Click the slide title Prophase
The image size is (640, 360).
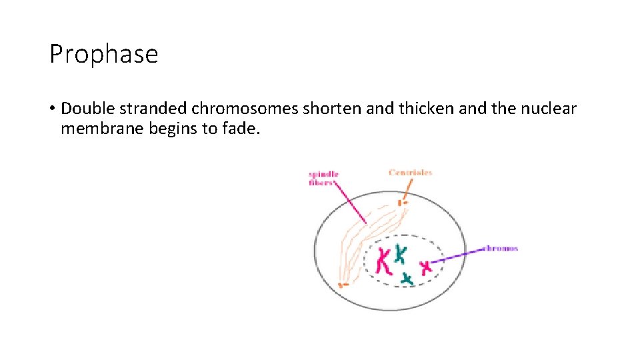104,54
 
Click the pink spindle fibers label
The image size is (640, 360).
324,178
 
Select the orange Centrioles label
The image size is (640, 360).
410,173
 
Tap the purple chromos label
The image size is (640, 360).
501,249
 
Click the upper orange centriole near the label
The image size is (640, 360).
401,202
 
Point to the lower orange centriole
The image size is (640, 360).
343,285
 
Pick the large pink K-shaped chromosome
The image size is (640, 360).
384,261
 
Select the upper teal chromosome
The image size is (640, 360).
400,253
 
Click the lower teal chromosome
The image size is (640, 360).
407,277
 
